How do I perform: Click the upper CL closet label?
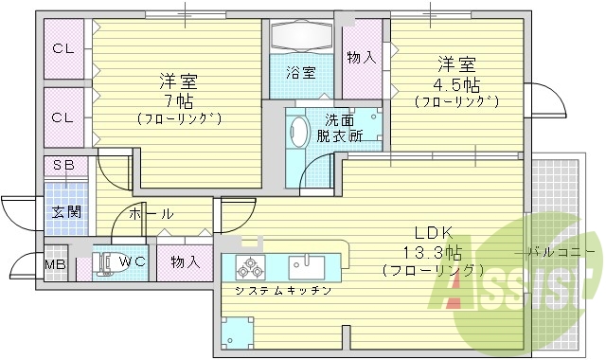[62, 48]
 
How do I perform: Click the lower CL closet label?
[62, 117]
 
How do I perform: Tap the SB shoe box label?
[62, 165]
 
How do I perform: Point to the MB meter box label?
[56, 262]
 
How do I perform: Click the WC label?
[134, 261]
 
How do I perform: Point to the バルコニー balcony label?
[562, 252]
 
